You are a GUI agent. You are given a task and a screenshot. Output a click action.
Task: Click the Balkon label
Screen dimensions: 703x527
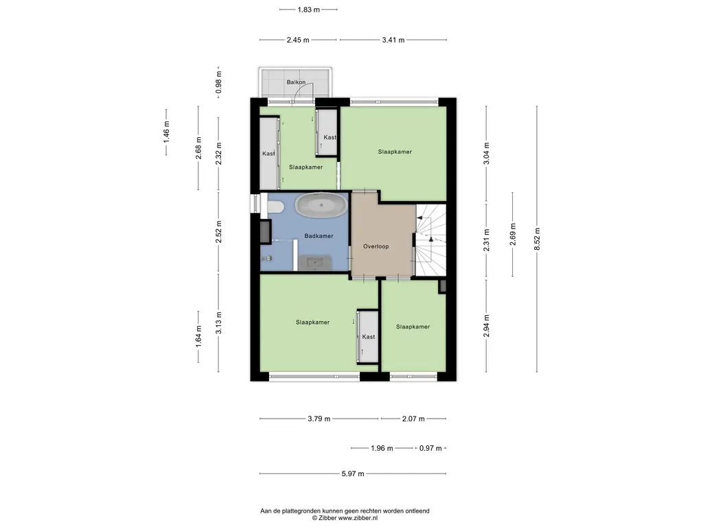[296, 82]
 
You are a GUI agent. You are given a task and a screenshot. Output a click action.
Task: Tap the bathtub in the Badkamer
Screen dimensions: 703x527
[321, 206]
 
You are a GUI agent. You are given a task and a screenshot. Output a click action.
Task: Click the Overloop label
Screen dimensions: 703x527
[376, 246]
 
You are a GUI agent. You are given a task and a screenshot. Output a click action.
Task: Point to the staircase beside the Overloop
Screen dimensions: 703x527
[431, 239]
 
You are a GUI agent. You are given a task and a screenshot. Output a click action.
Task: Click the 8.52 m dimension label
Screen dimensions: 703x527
[537, 239]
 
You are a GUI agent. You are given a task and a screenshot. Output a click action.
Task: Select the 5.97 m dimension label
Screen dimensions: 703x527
[353, 473]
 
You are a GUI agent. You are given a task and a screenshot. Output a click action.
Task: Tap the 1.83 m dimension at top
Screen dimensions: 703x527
[308, 10]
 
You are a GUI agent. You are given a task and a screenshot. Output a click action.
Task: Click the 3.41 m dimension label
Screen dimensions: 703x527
[393, 40]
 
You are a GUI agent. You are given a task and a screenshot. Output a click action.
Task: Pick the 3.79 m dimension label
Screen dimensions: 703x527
[319, 419]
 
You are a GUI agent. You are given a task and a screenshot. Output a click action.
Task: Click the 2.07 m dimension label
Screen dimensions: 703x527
[413, 419]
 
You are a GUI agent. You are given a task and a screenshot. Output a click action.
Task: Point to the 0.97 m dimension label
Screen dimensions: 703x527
[430, 448]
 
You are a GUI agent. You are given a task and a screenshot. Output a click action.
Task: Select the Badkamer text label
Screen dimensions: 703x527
[319, 236]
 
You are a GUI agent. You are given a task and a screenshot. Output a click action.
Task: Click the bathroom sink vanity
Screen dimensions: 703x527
[314, 263]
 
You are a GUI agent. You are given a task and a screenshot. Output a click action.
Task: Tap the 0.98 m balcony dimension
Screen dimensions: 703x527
[219, 82]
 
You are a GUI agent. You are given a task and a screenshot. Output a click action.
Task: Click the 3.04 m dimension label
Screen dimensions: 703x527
[487, 154]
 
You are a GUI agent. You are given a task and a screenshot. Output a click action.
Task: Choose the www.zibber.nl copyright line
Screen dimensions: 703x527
[345, 517]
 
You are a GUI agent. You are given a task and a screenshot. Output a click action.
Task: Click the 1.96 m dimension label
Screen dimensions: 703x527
[382, 448]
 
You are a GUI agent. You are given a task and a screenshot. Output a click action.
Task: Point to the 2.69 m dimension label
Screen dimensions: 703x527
[513, 235]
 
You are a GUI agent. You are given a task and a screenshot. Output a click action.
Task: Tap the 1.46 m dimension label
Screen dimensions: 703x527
[166, 132]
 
